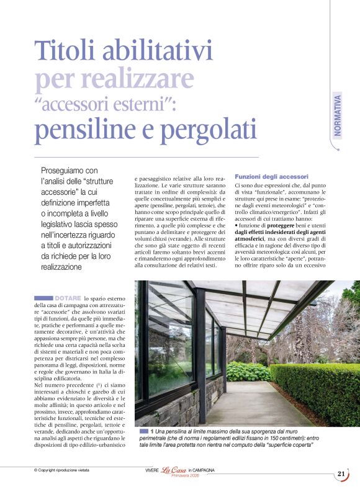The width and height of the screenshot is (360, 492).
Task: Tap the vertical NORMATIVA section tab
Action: [x=337, y=115]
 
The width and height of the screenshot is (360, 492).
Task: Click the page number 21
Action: [x=341, y=474]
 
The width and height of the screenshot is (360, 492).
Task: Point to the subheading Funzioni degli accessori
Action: [x=268, y=176]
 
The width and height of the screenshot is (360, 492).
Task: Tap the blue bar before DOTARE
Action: [x=43, y=298]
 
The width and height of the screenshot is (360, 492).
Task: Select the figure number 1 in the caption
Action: [x=151, y=431]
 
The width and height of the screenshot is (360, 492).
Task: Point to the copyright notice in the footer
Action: [x=61, y=470]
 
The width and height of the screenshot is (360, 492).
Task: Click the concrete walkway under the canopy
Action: [x=248, y=406]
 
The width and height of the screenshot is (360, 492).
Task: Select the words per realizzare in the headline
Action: [x=115, y=79]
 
